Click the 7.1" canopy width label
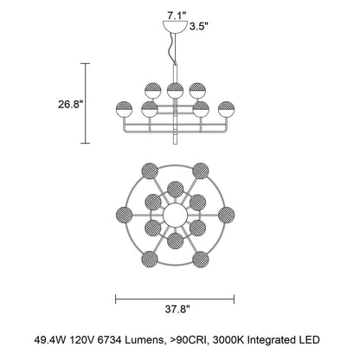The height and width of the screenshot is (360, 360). point(176,16)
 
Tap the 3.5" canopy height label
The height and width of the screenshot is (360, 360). point(199,27)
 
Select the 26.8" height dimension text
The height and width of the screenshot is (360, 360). point(71,104)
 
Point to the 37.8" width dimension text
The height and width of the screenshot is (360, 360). point(177,309)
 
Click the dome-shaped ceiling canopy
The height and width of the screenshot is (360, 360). point(176,27)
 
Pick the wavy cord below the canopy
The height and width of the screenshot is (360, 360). point(173,48)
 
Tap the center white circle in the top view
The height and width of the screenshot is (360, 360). point(176,215)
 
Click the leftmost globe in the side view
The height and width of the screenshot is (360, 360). point(124,109)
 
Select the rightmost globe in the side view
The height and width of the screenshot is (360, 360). point(227,109)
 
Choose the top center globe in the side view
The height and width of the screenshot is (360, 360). point(175,91)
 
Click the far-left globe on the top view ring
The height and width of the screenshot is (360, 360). point(124,215)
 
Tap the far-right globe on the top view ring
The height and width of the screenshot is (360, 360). point(227,215)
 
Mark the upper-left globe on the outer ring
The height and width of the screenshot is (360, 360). point(150,170)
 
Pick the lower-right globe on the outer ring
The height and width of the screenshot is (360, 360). point(201,259)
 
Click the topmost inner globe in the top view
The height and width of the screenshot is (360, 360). point(176,190)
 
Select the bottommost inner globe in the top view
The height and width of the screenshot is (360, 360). point(175,241)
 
